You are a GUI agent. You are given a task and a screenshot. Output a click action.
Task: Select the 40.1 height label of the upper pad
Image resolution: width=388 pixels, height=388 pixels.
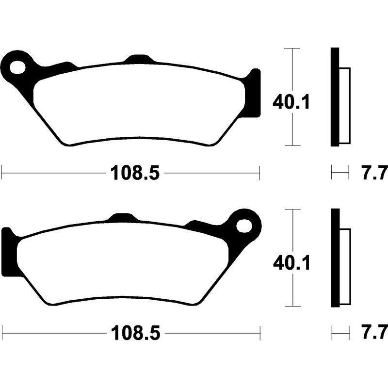pyautogui.click(x=291, y=103)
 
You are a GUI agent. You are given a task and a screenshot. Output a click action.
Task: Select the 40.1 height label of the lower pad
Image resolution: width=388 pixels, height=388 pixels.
pyautogui.click(x=291, y=263)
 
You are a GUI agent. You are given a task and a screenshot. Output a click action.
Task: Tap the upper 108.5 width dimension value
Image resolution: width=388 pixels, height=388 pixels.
pyautogui.click(x=135, y=172)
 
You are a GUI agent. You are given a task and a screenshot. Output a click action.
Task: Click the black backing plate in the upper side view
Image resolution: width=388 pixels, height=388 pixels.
pyautogui.click(x=334, y=97)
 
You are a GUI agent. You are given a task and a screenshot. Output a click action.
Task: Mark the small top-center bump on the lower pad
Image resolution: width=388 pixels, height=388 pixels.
pyautogui.click(x=121, y=218)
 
